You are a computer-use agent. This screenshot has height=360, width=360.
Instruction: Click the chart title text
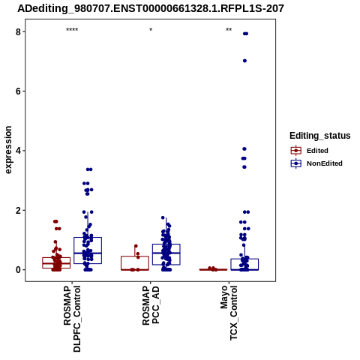[x=151, y=9]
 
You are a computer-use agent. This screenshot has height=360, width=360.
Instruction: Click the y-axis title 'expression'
[x=8, y=150]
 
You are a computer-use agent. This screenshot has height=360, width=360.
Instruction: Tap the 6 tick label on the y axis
[x=18, y=91]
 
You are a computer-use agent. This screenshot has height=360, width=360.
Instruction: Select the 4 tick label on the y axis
[x=18, y=151]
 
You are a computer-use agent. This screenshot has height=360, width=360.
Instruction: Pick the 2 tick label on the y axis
[x=18, y=210]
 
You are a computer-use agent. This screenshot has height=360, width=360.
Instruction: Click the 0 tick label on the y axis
[x=18, y=270]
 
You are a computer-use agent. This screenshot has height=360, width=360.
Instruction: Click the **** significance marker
[x=72, y=30]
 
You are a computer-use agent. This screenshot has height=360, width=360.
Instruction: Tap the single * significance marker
[x=151, y=30]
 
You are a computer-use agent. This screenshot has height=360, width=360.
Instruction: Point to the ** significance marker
[x=229, y=30]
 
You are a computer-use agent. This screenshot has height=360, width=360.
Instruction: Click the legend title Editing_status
[x=320, y=136]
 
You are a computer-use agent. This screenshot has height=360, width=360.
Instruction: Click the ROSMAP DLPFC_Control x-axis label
[x=72, y=319]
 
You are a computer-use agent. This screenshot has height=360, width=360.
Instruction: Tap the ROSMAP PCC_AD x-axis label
[x=151, y=305]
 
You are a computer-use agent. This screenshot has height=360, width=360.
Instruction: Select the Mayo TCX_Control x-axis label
[x=229, y=313]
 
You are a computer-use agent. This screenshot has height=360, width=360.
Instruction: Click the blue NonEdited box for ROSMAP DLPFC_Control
[x=88, y=238]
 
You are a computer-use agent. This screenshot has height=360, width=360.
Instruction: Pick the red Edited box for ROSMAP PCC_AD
[x=135, y=256]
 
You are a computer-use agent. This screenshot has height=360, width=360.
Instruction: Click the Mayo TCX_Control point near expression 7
[x=244, y=61]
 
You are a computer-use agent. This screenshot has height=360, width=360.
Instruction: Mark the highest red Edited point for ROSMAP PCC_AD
[x=136, y=246]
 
